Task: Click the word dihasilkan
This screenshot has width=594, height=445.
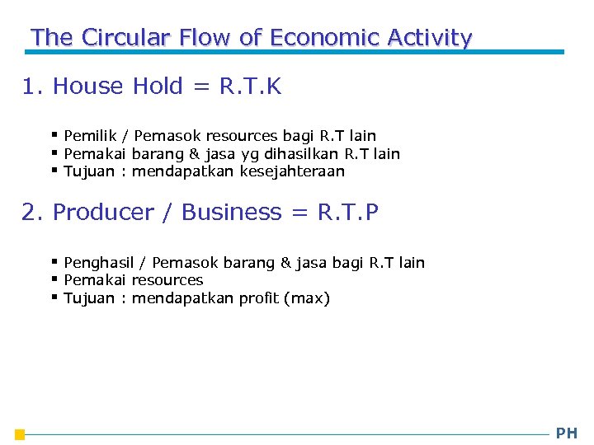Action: [x=301, y=153]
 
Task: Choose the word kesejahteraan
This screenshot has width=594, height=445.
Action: [x=292, y=171]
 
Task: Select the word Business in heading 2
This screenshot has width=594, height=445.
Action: [x=232, y=213]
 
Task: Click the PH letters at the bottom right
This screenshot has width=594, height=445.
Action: [x=567, y=433]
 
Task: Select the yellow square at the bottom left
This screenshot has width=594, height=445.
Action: [x=20, y=435]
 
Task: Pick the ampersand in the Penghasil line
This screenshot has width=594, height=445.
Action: [x=285, y=263]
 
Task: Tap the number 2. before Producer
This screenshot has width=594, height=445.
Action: [x=32, y=213]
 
